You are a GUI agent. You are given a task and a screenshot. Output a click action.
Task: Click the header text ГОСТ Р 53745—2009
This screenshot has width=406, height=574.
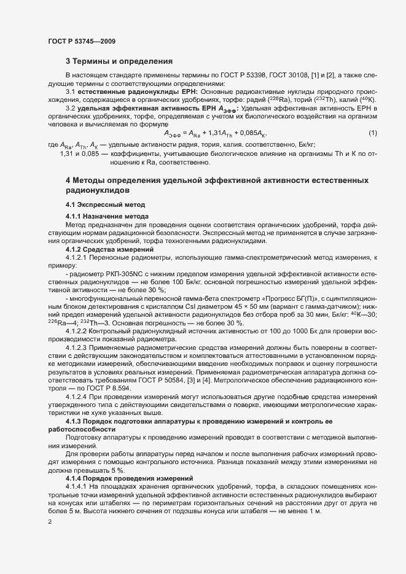tap(82, 41)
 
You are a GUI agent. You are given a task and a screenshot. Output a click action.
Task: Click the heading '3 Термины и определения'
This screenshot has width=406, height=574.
tap(119, 61)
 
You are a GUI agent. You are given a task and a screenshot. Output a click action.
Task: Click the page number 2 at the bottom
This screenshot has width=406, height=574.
tap(49, 522)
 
